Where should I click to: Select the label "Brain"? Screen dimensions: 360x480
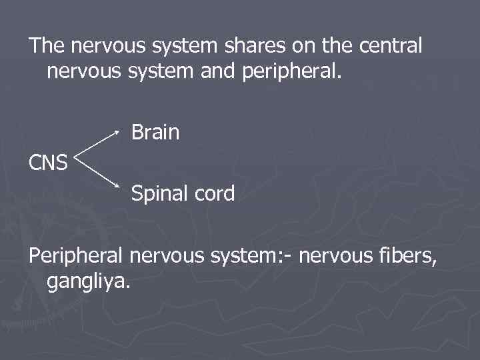[155, 132]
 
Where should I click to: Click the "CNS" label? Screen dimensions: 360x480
[49, 162]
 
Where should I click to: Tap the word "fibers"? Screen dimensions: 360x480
[404, 255]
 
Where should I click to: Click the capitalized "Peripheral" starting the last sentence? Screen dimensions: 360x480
[76, 255]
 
